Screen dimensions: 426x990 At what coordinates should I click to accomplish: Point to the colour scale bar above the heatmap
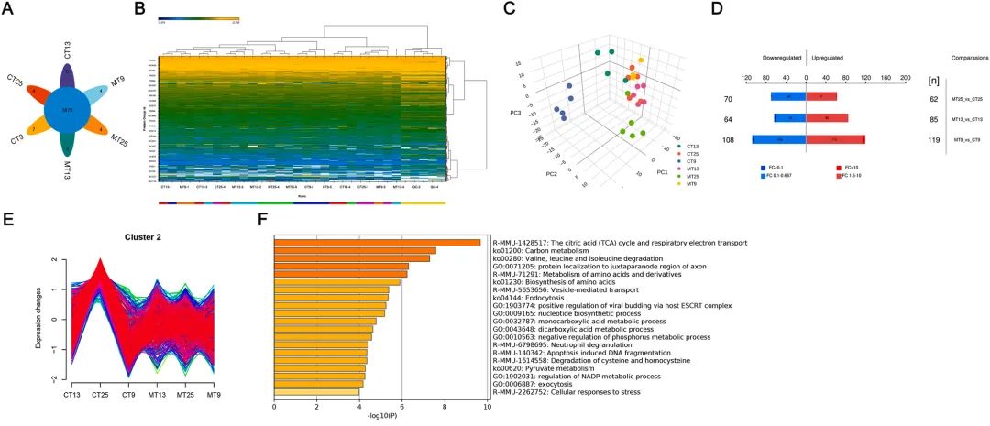pyautogui.click(x=198, y=18)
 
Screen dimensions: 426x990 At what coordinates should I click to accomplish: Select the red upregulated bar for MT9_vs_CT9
pyautogui.click(x=835, y=139)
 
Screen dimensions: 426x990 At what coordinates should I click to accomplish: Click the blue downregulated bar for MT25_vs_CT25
pyautogui.click(x=788, y=95)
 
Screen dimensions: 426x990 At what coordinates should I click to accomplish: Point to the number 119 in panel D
pyautogui.click(x=935, y=140)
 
